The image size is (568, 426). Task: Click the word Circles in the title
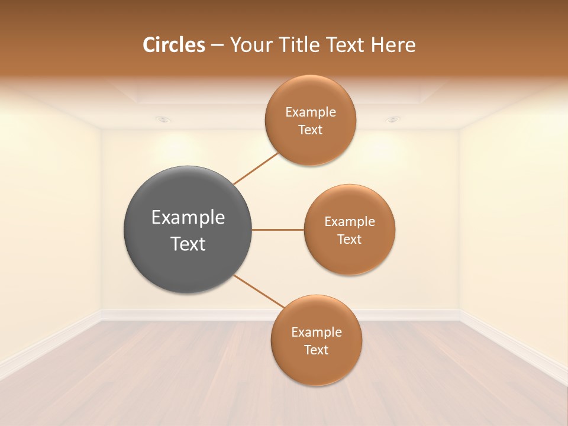[173, 45]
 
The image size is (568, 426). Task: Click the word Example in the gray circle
[188, 218]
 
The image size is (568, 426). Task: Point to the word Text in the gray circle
[188, 244]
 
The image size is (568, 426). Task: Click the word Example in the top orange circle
[310, 112]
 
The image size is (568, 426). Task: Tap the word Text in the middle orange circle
[349, 239]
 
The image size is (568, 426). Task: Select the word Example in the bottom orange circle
[316, 332]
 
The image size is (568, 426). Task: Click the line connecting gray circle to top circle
[256, 168]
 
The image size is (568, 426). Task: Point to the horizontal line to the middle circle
[278, 230]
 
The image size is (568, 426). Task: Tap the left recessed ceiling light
[164, 120]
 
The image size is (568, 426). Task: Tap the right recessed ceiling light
[393, 120]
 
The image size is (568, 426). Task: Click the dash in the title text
[217, 46]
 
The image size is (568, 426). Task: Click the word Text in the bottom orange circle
[316, 350]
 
